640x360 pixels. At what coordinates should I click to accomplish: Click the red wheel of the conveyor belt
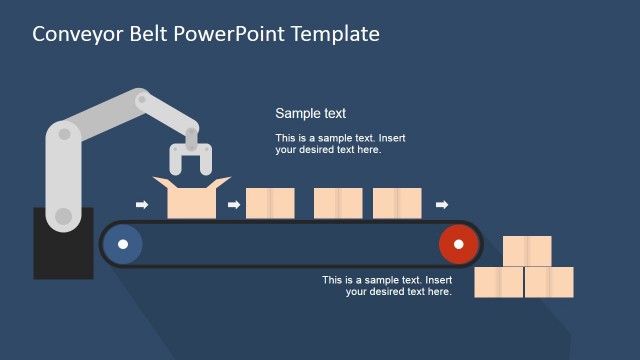(x=458, y=244)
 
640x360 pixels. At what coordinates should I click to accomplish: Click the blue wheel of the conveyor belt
(x=123, y=244)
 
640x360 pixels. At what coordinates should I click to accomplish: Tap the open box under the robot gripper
(x=192, y=200)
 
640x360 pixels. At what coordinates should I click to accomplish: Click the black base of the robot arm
(x=63, y=245)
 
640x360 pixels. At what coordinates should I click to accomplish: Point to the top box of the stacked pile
(x=527, y=251)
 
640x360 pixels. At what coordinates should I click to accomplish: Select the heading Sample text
(x=310, y=114)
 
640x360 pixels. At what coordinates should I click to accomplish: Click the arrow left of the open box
(x=142, y=205)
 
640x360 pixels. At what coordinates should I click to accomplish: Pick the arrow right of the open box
(x=234, y=205)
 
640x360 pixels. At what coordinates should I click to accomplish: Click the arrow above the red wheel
(x=442, y=205)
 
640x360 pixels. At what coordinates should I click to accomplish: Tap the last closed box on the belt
(x=397, y=203)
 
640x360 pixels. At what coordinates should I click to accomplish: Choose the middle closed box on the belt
(x=338, y=203)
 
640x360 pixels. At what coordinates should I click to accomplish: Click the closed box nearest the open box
(x=270, y=203)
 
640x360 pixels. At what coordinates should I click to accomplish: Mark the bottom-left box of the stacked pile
(x=498, y=282)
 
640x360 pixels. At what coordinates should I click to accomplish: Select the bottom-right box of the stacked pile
(x=549, y=282)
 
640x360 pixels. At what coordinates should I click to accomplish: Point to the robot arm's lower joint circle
(x=63, y=215)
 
